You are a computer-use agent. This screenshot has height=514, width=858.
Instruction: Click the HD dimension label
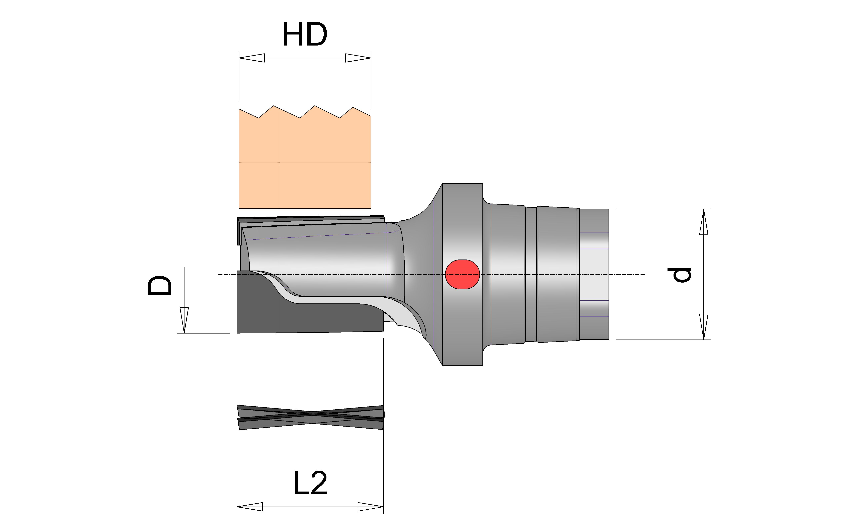coord(305,35)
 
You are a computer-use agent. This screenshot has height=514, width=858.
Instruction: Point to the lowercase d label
coord(679,275)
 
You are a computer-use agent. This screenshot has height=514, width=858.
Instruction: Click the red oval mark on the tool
coord(462,274)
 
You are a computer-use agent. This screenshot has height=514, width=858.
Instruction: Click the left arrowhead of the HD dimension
coord(252,58)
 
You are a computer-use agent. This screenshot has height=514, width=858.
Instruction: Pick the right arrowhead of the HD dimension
coord(358,58)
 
